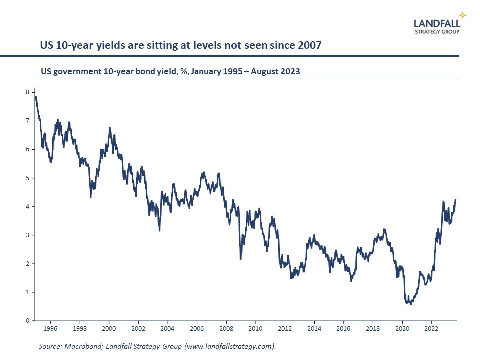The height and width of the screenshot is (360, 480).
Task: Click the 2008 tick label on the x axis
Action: [226, 329]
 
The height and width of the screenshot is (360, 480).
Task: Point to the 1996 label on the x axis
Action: [50, 329]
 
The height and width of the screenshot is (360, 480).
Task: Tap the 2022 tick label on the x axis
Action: [431, 329]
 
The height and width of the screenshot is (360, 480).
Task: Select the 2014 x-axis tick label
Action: [314, 329]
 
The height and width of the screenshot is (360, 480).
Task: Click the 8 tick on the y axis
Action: [27, 92]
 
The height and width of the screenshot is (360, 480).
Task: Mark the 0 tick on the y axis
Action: [27, 320]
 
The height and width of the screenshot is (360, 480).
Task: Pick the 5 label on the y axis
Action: [27, 178]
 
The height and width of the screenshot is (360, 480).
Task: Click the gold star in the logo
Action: [463, 15]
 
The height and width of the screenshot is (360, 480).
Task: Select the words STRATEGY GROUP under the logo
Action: [437, 31]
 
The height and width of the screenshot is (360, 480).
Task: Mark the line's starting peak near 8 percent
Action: [36, 97]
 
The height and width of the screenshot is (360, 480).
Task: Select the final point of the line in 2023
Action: [455, 200]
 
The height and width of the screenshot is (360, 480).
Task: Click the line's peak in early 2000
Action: [110, 128]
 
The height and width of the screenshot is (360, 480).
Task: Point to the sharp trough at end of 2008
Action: [240, 259]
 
